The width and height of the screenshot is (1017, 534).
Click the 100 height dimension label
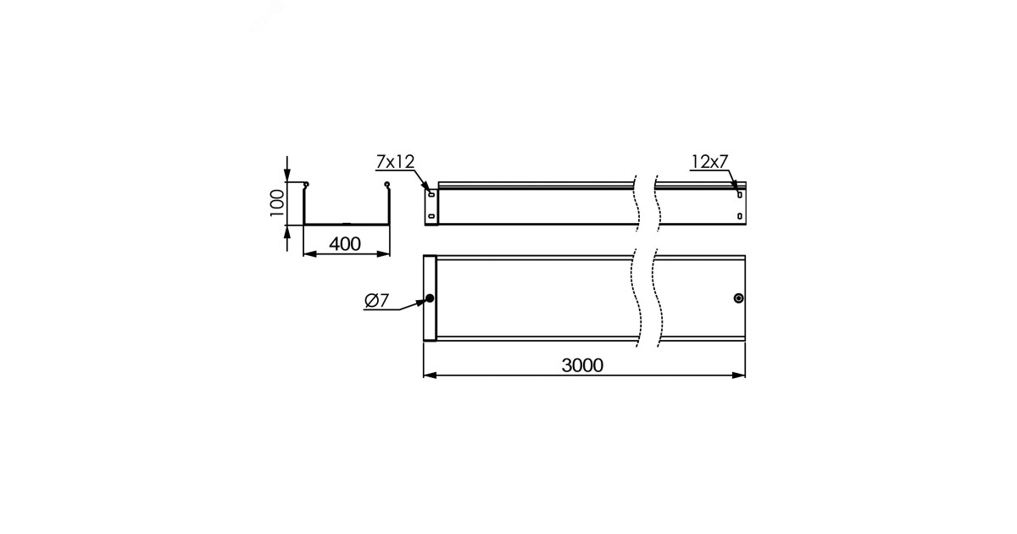point(277,203)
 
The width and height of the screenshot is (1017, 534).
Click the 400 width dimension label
point(345,244)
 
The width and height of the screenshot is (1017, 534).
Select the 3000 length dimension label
point(582,365)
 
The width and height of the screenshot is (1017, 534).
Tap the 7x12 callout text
point(395,162)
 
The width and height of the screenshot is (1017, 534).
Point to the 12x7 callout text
point(709,162)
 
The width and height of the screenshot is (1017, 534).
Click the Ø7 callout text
point(377,300)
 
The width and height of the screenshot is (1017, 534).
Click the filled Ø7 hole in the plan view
point(429,298)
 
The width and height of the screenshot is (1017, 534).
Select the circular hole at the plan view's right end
point(739,298)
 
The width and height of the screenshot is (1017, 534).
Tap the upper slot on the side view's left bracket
point(431,195)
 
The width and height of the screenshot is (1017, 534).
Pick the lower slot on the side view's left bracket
point(431,216)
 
